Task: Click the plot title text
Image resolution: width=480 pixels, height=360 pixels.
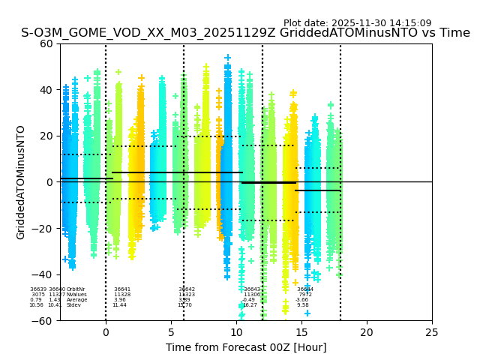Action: pos(245,33)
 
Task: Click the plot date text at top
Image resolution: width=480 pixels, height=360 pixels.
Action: pos(357,23)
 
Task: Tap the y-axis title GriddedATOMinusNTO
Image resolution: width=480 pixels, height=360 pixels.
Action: pos(21,182)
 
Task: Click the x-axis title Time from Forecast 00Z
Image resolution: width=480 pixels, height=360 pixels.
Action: pos(246,347)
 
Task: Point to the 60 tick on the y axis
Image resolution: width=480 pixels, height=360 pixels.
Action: pos(46,43)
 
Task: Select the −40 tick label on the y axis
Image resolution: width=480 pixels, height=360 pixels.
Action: pos(43,274)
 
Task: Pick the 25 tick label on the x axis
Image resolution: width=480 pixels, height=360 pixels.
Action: pos(432,332)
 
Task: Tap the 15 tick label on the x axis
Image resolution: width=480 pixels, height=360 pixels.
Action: pos(301,332)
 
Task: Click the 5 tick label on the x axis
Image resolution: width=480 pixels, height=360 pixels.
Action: pos(171,332)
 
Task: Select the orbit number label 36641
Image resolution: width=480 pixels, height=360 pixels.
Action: pos(122,289)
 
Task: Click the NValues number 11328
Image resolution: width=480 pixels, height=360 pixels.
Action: pos(122,295)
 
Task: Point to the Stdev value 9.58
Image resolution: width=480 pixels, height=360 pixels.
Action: pos(302,305)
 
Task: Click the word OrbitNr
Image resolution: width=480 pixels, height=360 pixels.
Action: pos(76,289)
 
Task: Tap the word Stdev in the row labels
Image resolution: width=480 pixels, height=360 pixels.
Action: pos(73,305)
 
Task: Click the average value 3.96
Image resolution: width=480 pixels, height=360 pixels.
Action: pos(120,300)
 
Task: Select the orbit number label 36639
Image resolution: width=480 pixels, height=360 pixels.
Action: pos(38,289)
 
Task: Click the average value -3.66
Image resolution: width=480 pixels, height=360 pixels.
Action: pos(302,300)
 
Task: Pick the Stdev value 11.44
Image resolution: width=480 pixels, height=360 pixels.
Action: pos(120,305)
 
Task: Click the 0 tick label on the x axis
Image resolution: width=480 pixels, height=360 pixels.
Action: pos(106,332)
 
